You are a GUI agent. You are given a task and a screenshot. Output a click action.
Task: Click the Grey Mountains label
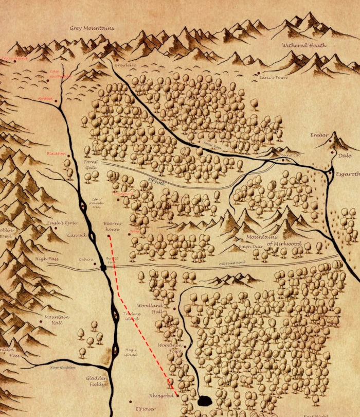[x=92, y=28]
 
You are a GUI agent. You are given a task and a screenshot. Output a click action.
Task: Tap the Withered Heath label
[x=304, y=45]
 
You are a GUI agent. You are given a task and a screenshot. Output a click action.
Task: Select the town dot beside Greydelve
[x=117, y=60]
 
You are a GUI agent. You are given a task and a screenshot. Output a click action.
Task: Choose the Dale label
[x=345, y=155]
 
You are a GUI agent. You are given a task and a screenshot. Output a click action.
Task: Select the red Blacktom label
[x=56, y=153]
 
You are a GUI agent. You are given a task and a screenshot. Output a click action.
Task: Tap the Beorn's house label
[x=113, y=227]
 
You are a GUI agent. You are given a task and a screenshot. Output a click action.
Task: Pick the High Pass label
[x=46, y=259]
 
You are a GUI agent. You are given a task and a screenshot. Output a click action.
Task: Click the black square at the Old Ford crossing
[x=103, y=268]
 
